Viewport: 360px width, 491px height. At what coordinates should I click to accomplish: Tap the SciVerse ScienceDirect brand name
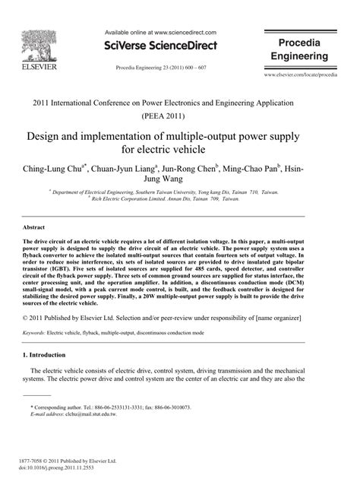click(x=161, y=46)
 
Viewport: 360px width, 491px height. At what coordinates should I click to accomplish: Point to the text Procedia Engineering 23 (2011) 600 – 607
click(x=161, y=68)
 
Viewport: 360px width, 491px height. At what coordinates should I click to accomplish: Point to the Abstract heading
click(x=34, y=228)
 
